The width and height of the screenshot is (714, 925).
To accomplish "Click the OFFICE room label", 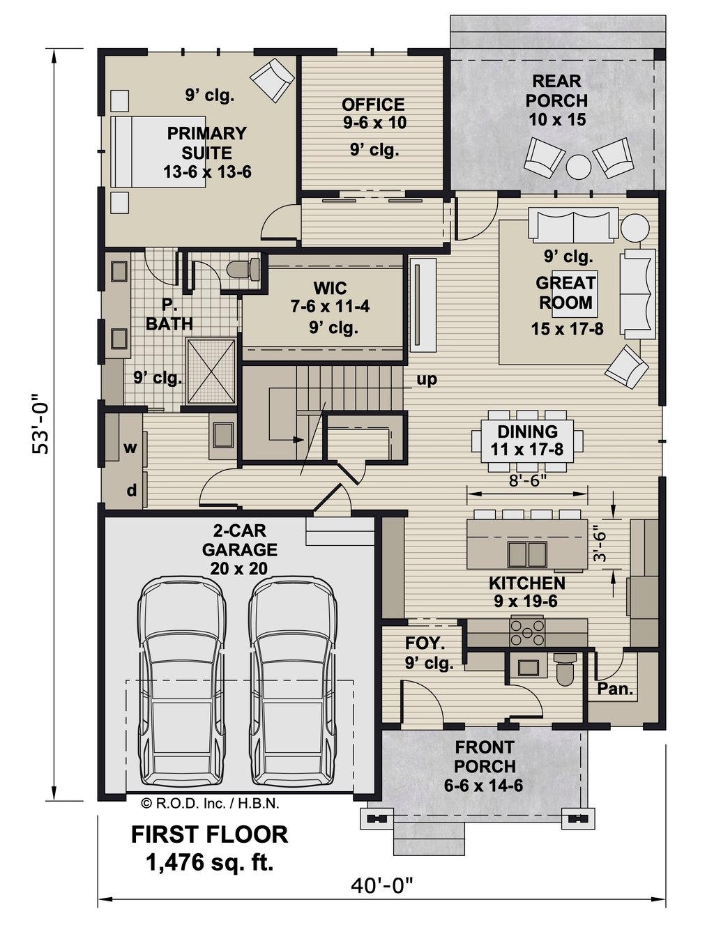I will coord(373,105).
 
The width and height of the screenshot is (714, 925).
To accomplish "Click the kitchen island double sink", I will coord(527,554).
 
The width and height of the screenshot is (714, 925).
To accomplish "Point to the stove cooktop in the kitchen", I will coord(527,632).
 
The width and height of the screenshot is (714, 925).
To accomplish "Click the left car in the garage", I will coord(182,683).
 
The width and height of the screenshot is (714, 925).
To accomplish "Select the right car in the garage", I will coord(294,683).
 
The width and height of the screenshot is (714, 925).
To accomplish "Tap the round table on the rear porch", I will coord(578,167).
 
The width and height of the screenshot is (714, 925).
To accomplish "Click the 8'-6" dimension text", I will coord(527,480).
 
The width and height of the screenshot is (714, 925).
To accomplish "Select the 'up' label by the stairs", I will coord(427,380).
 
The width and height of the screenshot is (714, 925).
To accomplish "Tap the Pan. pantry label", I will coord(616,690).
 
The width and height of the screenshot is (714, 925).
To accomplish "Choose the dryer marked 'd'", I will coord(131,491).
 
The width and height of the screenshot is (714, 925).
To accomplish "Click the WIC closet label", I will coord(330,288).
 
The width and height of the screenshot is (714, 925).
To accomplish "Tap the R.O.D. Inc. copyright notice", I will coord(210,803).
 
